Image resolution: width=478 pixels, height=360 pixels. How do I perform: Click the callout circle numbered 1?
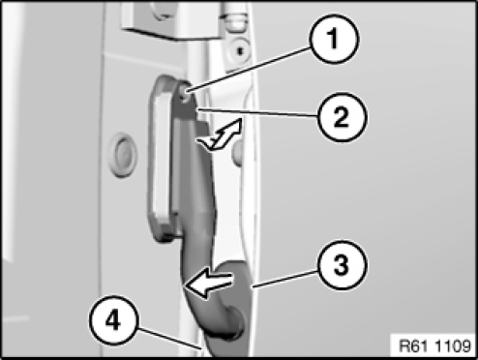click(334, 39)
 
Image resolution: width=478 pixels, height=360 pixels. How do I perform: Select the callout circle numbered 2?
click(343, 117)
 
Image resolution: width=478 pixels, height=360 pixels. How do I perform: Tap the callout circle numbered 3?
click(342, 265)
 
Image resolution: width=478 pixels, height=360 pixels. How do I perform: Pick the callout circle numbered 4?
click(113, 321)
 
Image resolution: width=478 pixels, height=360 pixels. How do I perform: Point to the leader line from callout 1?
click(249, 70)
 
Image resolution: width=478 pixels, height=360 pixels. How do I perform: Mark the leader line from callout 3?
click(286, 279)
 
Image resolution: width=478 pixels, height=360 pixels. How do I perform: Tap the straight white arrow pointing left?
click(208, 285)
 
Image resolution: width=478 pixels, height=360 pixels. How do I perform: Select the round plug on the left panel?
click(123, 155)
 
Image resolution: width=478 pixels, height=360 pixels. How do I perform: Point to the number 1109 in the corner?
click(453, 346)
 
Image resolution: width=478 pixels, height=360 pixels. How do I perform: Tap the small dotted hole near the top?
click(240, 50)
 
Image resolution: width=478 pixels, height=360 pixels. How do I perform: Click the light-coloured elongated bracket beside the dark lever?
click(162, 158)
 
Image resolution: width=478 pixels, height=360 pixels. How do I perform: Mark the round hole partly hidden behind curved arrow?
click(238, 152)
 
